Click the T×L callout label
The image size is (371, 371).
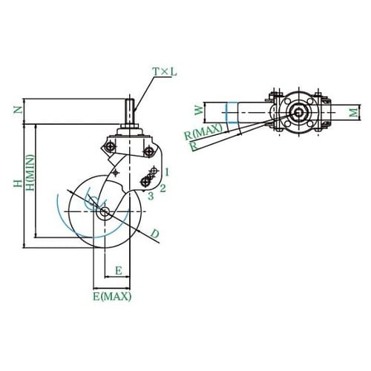[165, 72]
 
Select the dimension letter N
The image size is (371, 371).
[18, 110]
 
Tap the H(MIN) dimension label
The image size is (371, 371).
[30, 173]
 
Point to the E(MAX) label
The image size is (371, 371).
[112, 296]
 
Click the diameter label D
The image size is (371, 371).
[155, 234]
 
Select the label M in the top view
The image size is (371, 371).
[355, 112]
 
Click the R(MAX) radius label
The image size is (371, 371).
[203, 132]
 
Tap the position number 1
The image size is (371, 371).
[167, 171]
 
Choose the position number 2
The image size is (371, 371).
[162, 188]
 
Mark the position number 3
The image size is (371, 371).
[151, 196]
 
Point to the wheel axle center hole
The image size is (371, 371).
[105, 211]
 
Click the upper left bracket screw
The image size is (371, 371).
[110, 147]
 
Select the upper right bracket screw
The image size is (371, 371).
[148, 151]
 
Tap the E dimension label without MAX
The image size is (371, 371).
[119, 271]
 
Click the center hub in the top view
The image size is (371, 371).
[298, 113]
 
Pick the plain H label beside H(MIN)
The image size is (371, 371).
[18, 183]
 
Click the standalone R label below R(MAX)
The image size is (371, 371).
[194, 146]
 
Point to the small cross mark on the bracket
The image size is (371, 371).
[116, 172]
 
